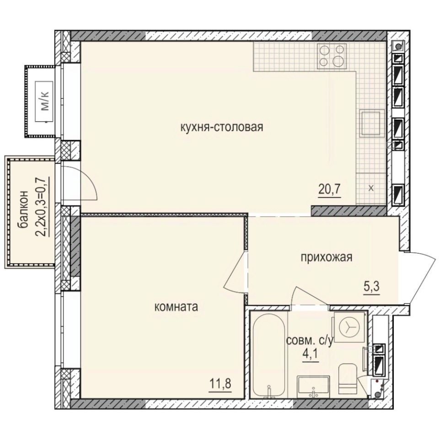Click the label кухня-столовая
222,127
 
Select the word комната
176,307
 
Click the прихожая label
326,258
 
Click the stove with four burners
332,56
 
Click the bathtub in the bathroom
268,355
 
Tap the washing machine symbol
349,326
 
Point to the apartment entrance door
421,277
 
